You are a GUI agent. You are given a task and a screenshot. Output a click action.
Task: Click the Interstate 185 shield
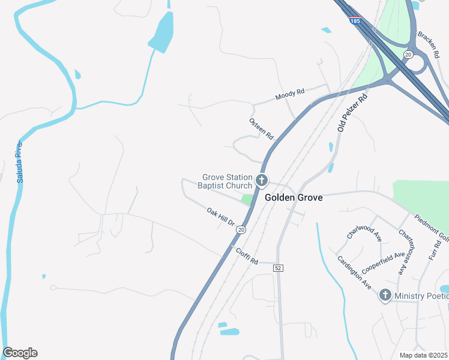tap(355, 20)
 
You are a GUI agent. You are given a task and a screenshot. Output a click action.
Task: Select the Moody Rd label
tap(290, 94)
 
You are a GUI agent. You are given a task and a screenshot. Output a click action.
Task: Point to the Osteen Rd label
tap(261, 129)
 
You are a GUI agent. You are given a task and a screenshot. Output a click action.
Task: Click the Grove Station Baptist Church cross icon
tap(261, 180)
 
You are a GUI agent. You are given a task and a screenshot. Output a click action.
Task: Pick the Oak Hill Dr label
tap(220, 217)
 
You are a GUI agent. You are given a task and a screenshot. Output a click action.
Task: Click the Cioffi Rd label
tap(246, 257)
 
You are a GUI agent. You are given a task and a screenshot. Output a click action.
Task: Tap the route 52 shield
tap(277, 267)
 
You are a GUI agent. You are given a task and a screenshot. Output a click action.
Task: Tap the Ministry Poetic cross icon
tap(385, 295)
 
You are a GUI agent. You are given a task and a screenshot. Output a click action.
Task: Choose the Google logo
tap(20, 353)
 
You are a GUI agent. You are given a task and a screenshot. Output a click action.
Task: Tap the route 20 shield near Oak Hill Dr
tap(241, 229)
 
